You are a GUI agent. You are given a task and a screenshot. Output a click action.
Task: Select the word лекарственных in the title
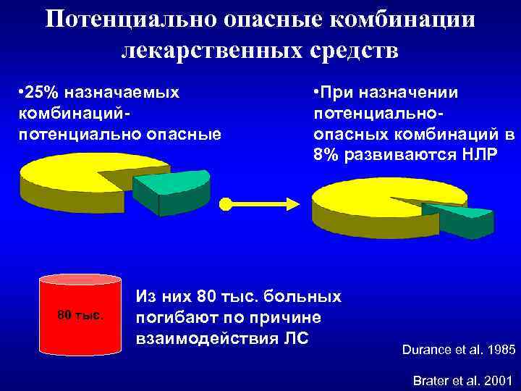point(216,51)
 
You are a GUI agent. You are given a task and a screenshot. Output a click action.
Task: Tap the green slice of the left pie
point(171,185)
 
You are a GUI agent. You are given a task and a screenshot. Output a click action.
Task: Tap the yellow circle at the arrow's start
point(226,204)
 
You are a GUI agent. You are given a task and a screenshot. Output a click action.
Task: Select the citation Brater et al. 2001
point(462,380)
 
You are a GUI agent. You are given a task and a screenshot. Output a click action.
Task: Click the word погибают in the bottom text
point(171,319)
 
